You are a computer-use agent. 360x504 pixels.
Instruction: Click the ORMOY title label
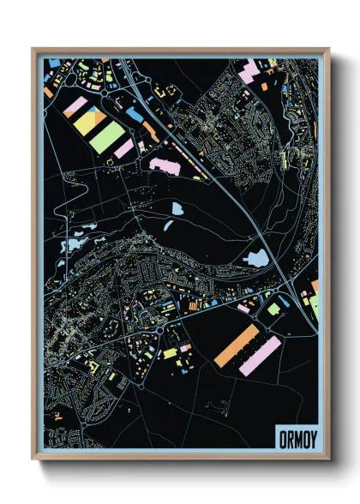(296, 440)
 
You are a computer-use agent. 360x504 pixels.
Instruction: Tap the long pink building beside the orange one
(260, 355)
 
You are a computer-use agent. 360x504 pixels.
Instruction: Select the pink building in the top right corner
(251, 71)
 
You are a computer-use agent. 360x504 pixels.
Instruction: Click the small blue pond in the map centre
(177, 208)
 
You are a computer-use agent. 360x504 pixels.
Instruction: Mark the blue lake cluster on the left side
(72, 244)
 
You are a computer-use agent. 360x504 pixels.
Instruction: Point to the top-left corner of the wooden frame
(33, 50)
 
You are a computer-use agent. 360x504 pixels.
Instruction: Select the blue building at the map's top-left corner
(54, 63)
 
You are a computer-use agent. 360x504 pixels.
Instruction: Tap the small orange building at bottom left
(58, 415)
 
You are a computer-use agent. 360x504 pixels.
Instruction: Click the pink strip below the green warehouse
(124, 149)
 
